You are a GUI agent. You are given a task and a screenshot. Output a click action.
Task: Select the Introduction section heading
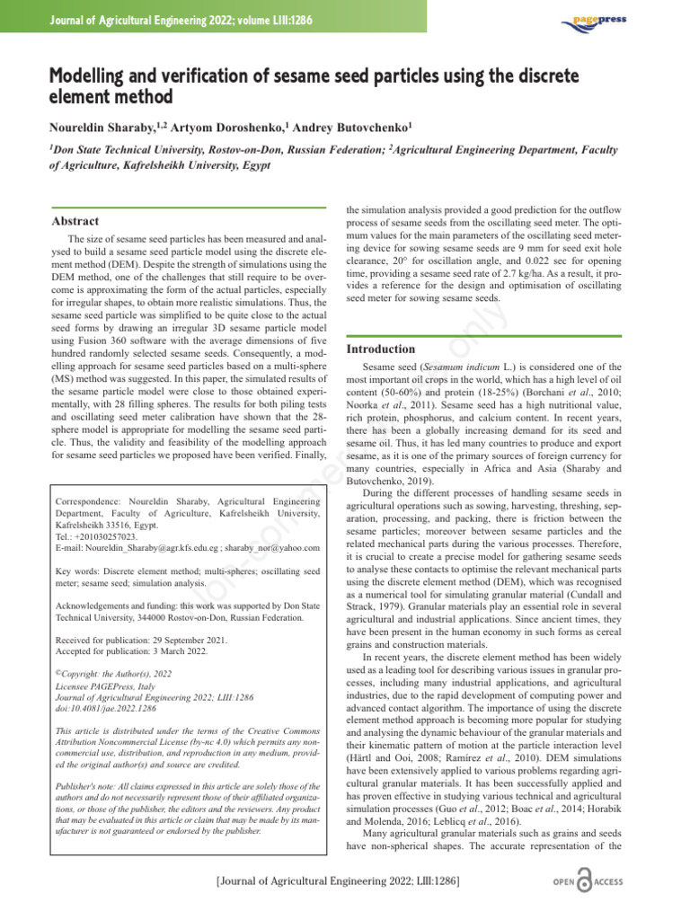point(381,349)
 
